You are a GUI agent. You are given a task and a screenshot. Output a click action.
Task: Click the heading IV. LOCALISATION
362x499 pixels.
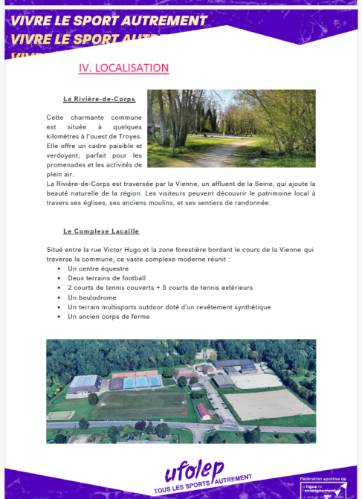(x=123, y=68)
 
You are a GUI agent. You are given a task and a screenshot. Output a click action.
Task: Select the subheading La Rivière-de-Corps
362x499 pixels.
(x=94, y=99)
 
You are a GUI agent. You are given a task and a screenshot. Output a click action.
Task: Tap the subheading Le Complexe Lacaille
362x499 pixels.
(x=101, y=231)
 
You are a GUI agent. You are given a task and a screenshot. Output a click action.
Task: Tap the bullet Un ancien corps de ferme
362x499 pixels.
(x=109, y=316)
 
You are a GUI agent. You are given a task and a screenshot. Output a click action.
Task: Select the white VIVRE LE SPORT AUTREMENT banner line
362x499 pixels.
(x=109, y=20)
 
